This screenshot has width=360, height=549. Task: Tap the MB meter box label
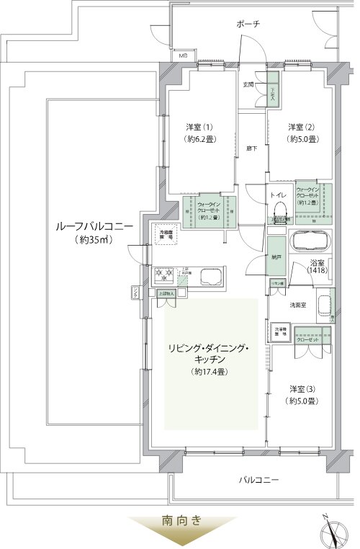(x=184, y=55)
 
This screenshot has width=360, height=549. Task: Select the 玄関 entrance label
(x=249, y=84)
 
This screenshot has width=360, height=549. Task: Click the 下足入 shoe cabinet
(x=274, y=91)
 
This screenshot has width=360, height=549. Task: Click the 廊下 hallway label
(x=251, y=149)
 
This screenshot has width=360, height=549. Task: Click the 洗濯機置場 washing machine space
(x=279, y=334)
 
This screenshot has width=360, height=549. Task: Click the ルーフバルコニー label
(x=94, y=228)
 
